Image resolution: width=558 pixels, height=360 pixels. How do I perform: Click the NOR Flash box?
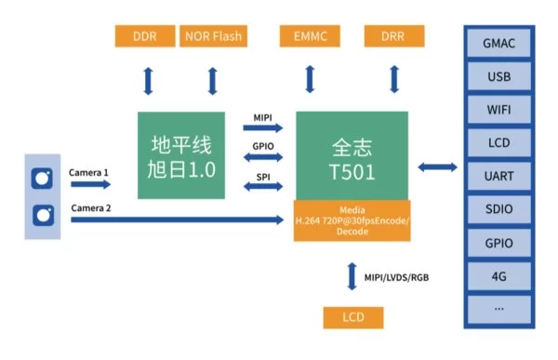[x=213, y=36]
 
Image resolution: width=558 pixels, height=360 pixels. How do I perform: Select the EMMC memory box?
[x=310, y=36]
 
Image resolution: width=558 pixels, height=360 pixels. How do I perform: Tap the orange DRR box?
[x=394, y=36]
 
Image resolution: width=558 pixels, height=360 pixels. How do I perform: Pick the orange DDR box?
[x=145, y=36]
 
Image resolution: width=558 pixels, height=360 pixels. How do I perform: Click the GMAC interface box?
[x=498, y=44]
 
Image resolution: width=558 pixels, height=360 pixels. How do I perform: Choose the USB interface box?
[x=498, y=76]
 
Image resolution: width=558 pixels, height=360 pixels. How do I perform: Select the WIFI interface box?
[x=498, y=110]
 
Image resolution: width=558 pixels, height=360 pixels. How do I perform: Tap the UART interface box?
[x=498, y=176]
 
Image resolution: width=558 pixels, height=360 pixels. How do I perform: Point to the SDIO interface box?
[x=498, y=209]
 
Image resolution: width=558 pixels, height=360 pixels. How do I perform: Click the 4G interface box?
[x=498, y=276]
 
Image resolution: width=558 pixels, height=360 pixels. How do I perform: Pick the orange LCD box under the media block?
[x=353, y=317]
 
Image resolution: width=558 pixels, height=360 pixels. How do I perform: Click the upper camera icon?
[x=42, y=178]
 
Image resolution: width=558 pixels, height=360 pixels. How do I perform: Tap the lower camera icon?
[x=44, y=216]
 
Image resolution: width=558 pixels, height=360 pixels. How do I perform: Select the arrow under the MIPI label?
[x=263, y=127]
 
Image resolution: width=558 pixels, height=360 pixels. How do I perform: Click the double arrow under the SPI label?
[x=263, y=186]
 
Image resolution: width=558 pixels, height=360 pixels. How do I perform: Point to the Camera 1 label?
[x=88, y=173]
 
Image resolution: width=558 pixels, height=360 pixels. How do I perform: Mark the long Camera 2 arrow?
[x=178, y=220]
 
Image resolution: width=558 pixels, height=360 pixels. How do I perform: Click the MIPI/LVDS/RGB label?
[x=396, y=277]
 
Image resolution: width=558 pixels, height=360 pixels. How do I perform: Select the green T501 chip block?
[x=352, y=155]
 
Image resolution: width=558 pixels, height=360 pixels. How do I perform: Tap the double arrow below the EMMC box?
[x=310, y=79]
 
